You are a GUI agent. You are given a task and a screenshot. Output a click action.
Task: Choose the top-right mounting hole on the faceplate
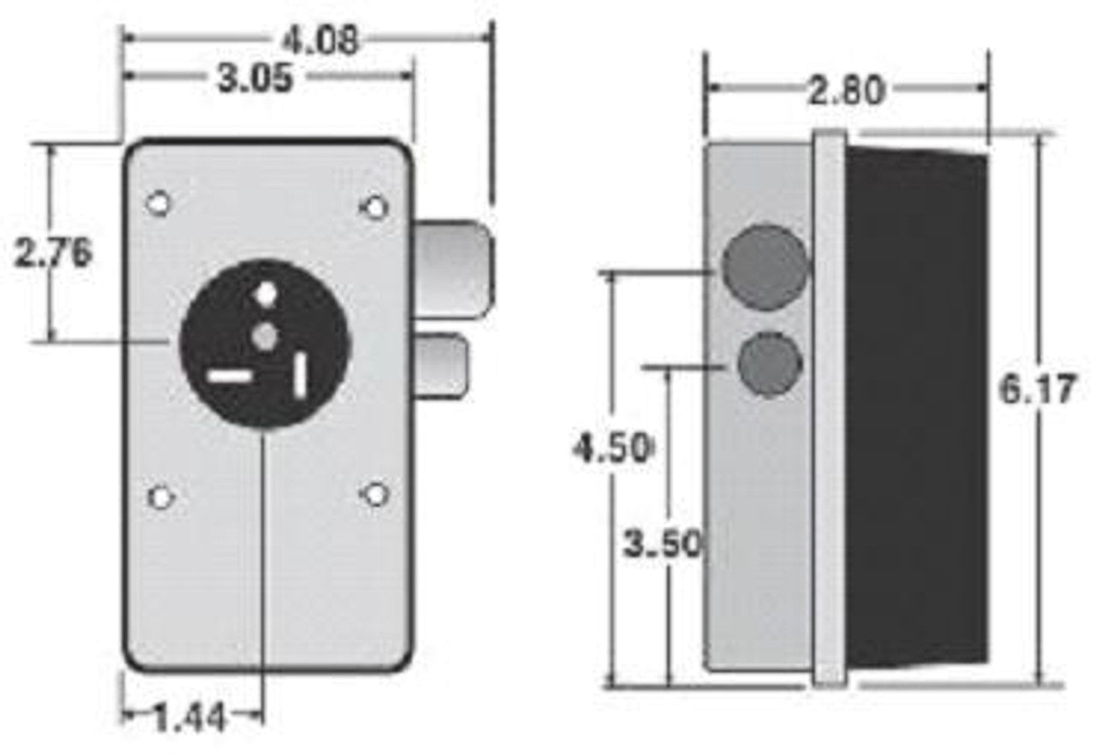coord(375,205)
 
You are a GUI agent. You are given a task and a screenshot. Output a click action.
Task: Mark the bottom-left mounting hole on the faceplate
coord(159,496)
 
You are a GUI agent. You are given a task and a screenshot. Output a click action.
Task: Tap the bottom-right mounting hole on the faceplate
coord(375,494)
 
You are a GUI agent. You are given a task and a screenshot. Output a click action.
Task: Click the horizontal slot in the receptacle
coord(230,376)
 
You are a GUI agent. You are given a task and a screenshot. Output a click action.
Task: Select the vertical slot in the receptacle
coord(301,375)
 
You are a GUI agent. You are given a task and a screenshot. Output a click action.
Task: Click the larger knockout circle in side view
coord(765,265)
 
